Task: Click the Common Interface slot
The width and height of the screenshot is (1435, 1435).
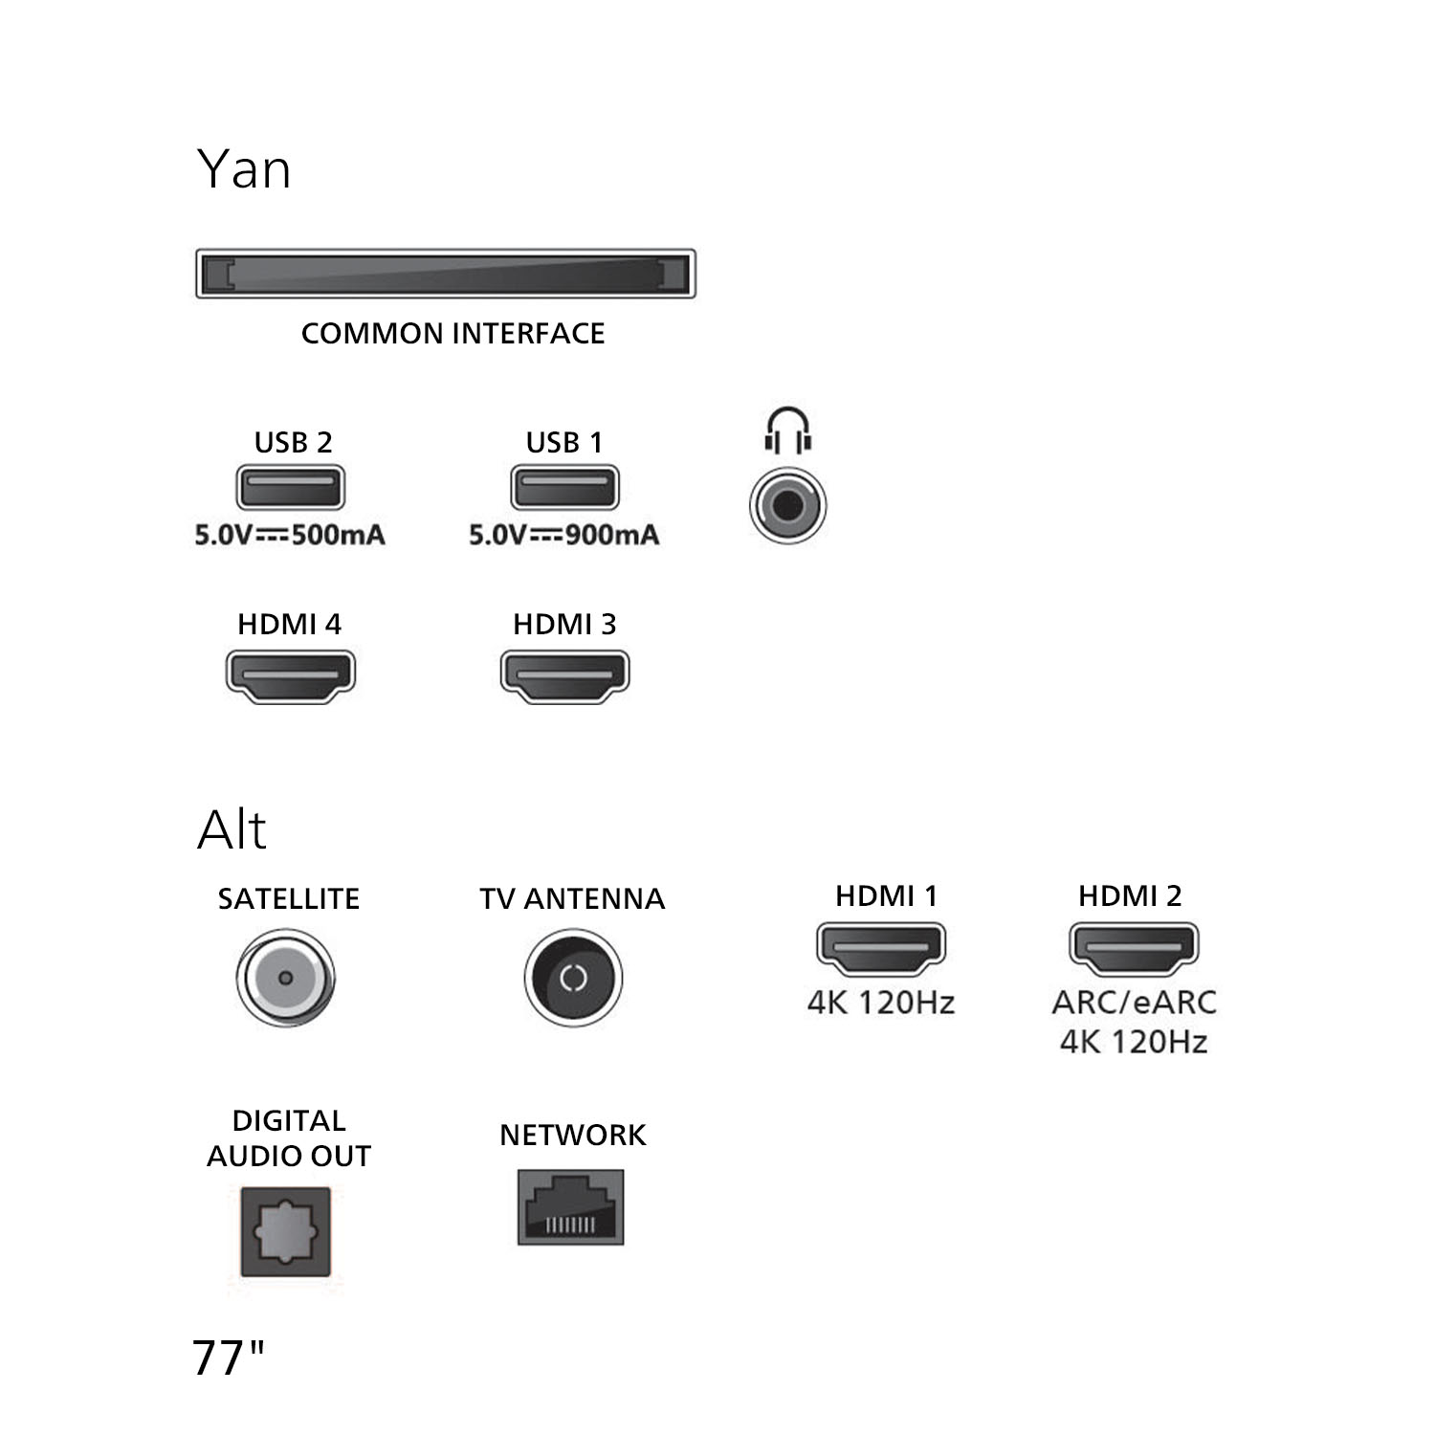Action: [x=446, y=274]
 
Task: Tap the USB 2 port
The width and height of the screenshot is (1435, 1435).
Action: [x=291, y=487]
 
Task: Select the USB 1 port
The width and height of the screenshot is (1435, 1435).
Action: [x=565, y=487]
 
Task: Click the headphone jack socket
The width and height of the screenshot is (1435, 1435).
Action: [x=787, y=505]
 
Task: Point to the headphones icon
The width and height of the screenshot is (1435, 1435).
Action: [x=787, y=430]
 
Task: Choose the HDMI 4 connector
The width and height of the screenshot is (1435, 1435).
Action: [x=291, y=676]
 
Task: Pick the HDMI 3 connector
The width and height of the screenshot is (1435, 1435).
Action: [x=565, y=676]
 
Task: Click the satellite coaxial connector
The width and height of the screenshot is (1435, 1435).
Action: [x=285, y=978]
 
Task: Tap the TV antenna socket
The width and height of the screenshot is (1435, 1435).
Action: [x=573, y=978]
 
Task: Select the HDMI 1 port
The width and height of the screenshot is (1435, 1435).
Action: [x=880, y=949]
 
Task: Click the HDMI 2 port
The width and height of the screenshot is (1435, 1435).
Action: [x=1133, y=949]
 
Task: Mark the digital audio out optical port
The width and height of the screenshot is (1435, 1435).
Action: [x=286, y=1232]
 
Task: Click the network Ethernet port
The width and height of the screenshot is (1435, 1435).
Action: [x=571, y=1207]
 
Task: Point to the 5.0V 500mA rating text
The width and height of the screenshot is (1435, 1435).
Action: [x=290, y=535]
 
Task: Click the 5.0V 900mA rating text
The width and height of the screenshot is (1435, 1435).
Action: [x=564, y=535]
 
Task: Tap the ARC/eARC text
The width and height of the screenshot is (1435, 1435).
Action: [x=1134, y=1003]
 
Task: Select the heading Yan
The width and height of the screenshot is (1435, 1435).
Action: [x=244, y=169]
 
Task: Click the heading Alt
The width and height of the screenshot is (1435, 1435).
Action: [x=232, y=828]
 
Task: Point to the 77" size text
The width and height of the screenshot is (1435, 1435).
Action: [x=228, y=1358]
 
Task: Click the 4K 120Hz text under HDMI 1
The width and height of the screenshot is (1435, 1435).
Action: [x=881, y=1003]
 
